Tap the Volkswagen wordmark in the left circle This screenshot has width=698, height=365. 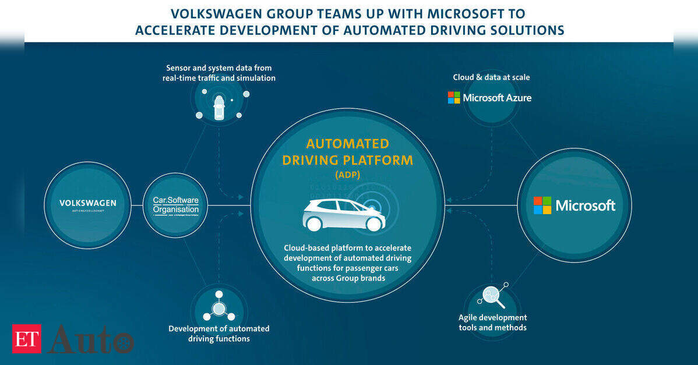87,203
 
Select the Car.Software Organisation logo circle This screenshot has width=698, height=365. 175,205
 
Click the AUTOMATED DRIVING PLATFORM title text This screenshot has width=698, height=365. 347,152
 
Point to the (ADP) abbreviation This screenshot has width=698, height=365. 347,175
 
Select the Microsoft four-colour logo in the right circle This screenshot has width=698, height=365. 542,205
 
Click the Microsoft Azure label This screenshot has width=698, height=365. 489,98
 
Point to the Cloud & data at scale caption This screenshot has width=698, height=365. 491,77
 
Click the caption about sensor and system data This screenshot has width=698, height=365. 219,73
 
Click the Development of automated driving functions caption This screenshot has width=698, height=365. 219,334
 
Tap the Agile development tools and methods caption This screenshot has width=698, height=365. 492,323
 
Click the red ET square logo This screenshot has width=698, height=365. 27,339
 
